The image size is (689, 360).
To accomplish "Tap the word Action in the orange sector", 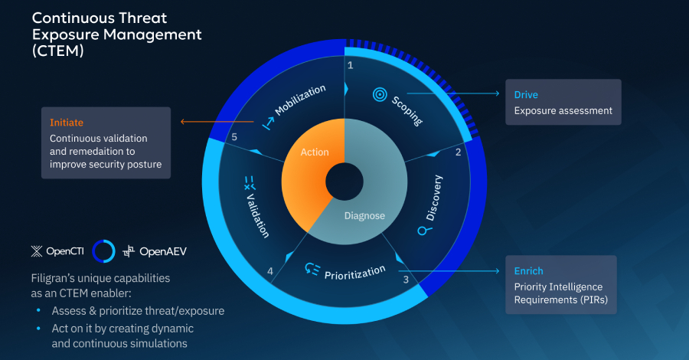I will [x=314, y=152].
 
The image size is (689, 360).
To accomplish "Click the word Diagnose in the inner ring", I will [x=364, y=216].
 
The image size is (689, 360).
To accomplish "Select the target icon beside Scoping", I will [x=378, y=94].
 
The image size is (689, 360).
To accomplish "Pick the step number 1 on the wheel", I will [x=350, y=65].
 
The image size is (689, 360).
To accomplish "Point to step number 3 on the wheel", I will [x=405, y=280].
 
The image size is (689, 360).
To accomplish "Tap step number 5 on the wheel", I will [x=234, y=138].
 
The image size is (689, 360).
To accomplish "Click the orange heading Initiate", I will [x=67, y=123].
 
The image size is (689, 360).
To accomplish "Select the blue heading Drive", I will [x=527, y=95].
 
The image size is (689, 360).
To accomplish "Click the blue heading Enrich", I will [x=529, y=271].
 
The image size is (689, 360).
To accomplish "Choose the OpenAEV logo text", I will [x=164, y=250].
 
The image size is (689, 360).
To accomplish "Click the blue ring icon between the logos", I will [x=103, y=250].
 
